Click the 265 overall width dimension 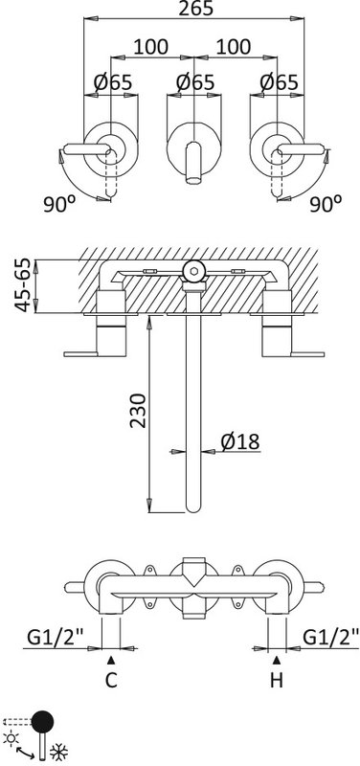tap(195, 9)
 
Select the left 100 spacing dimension tap(151, 47)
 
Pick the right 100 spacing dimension tap(234, 47)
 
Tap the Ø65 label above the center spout tap(195, 82)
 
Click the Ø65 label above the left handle tap(112, 82)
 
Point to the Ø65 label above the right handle tap(279, 82)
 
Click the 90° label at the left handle tap(59, 204)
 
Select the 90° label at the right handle tap(326, 204)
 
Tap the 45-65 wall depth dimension tap(23, 285)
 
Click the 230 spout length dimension tap(138, 411)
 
